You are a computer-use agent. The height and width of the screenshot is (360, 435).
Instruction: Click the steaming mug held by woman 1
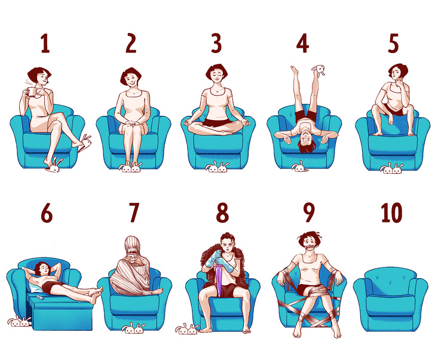point(31,92)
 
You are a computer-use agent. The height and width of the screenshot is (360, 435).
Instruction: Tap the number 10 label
point(392,213)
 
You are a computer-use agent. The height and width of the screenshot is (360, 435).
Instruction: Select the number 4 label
point(303,43)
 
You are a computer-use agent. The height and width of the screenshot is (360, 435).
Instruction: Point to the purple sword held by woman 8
point(220,279)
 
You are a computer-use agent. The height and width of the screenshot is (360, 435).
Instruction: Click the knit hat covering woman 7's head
point(134,247)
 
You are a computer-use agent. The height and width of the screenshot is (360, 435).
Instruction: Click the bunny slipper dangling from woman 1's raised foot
point(85,143)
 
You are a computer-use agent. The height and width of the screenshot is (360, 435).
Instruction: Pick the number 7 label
point(134,213)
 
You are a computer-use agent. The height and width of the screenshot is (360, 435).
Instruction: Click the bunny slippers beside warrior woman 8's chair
point(186,329)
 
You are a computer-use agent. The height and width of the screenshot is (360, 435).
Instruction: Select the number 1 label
point(45,43)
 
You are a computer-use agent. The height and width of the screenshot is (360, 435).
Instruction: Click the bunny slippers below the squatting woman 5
point(392,168)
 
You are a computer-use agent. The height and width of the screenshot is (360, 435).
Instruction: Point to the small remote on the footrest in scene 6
point(39,298)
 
